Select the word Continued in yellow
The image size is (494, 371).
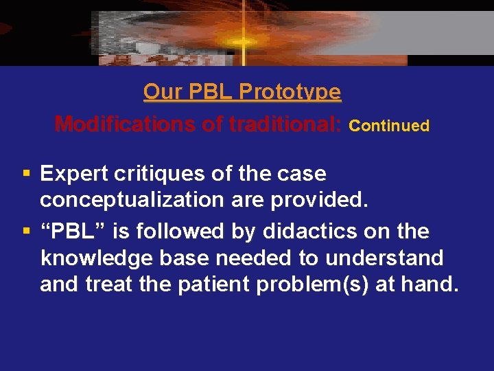(x=389, y=126)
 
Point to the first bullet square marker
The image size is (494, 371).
(x=26, y=174)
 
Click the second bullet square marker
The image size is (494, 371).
(x=26, y=232)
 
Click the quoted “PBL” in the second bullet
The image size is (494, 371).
(x=73, y=232)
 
